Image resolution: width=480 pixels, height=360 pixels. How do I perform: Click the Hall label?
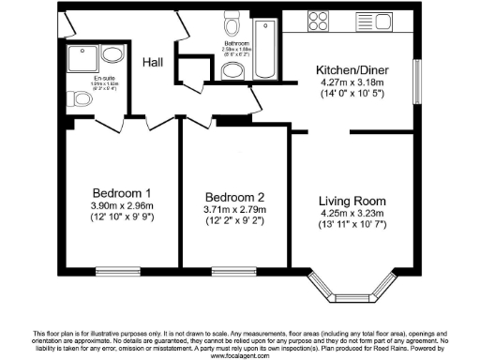pyautogui.click(x=154, y=62)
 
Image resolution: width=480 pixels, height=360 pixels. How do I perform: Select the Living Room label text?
pyautogui.click(x=352, y=201)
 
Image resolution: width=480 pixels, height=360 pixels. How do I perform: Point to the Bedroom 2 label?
pyautogui.click(x=230, y=197)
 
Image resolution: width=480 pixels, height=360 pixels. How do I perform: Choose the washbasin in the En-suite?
pyautogui.click(x=111, y=54)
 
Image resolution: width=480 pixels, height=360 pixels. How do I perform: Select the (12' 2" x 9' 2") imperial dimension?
pyautogui.click(x=230, y=222)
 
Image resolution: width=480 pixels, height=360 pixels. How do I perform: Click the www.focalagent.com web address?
pyautogui.click(x=240, y=355)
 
